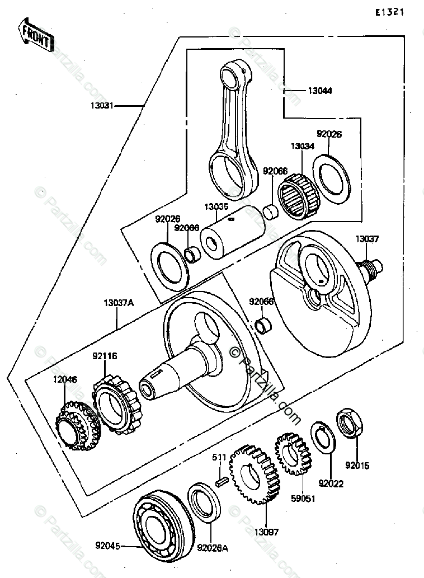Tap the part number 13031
(x=101, y=105)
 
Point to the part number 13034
(x=303, y=146)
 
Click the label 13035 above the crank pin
(x=216, y=206)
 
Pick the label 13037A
(x=119, y=303)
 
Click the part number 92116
(x=105, y=355)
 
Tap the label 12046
(x=65, y=380)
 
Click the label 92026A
(x=213, y=548)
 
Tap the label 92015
(x=357, y=465)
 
